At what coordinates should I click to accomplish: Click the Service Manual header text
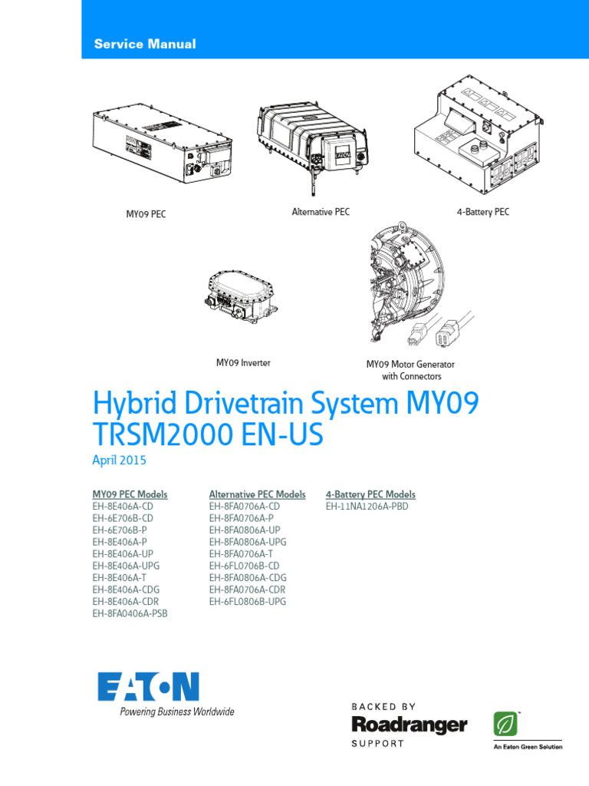145,45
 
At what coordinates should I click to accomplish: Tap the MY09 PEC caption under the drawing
146,214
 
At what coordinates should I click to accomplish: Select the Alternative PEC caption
321,211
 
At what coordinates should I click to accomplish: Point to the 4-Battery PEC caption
483,212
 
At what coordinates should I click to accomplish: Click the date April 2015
119,461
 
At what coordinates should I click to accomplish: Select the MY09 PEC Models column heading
130,494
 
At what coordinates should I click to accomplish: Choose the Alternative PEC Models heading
258,494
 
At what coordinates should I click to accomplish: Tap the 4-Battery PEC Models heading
370,494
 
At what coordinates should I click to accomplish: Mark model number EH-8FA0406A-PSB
130,613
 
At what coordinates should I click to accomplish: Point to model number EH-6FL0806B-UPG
248,602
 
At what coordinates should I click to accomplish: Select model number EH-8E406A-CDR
126,602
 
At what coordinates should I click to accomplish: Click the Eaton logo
148,686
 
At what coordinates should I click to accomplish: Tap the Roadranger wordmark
410,725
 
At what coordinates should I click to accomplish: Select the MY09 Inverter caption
243,362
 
